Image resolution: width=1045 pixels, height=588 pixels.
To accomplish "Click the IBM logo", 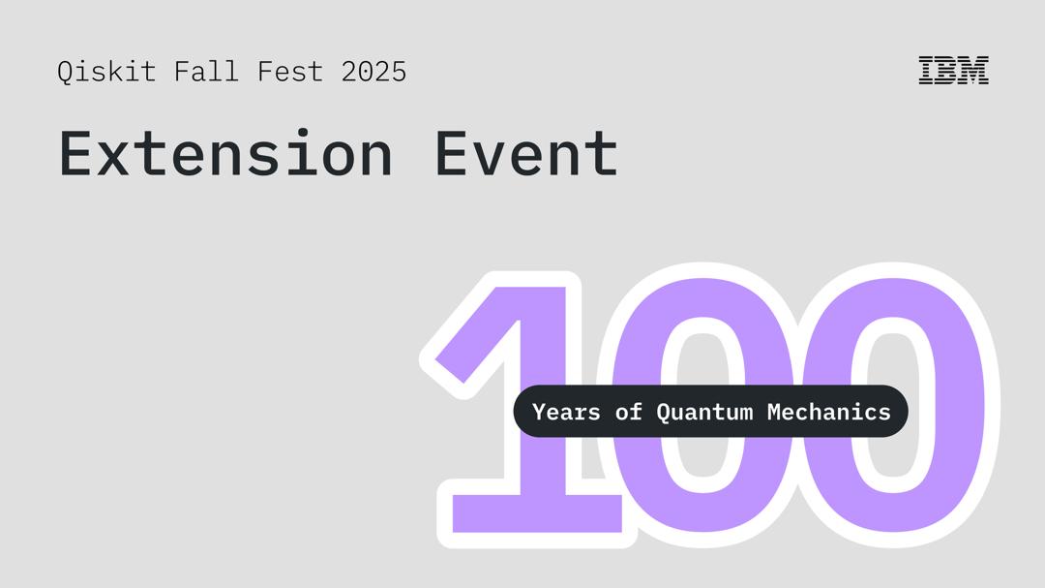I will click(953, 71).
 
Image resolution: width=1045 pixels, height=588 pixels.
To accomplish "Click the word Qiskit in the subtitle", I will click(105, 72).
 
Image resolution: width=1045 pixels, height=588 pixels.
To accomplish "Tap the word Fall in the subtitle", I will click(206, 72).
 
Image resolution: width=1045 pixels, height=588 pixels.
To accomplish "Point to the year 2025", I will click(373, 72).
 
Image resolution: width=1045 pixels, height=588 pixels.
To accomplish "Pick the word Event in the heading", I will click(525, 153).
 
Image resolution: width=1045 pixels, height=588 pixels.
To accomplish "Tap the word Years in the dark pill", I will click(566, 412).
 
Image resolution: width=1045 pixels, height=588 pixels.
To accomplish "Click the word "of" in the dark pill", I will click(629, 412).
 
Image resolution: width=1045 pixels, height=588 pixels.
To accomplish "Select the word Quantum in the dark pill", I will click(704, 412).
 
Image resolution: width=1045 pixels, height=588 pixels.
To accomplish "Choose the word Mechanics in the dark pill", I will click(828, 412).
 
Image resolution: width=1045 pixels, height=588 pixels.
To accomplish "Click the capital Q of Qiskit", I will click(65, 73).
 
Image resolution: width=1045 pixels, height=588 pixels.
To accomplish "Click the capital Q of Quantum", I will click(664, 412).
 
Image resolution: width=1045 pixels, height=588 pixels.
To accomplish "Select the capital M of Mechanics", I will click(774, 412).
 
